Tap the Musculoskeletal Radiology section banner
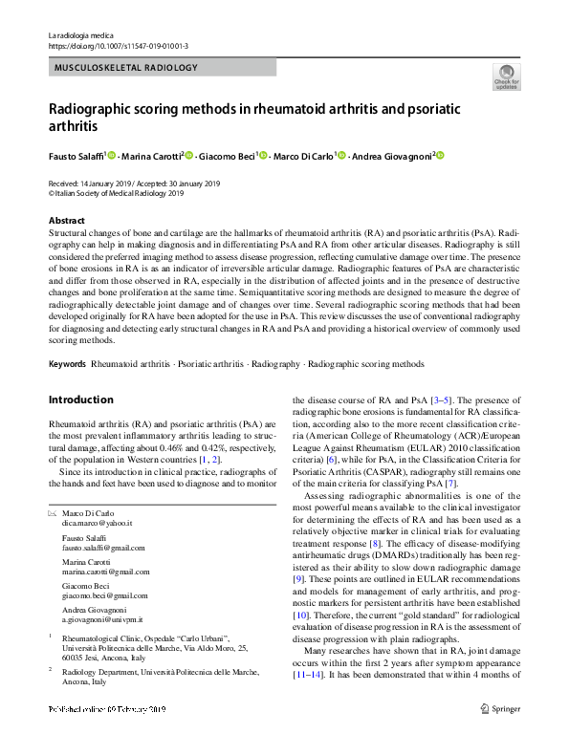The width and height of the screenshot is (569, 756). (126, 68)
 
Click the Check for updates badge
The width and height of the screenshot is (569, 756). (506, 76)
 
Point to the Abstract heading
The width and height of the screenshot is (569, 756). (66, 221)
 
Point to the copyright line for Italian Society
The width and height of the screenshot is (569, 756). (116, 192)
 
